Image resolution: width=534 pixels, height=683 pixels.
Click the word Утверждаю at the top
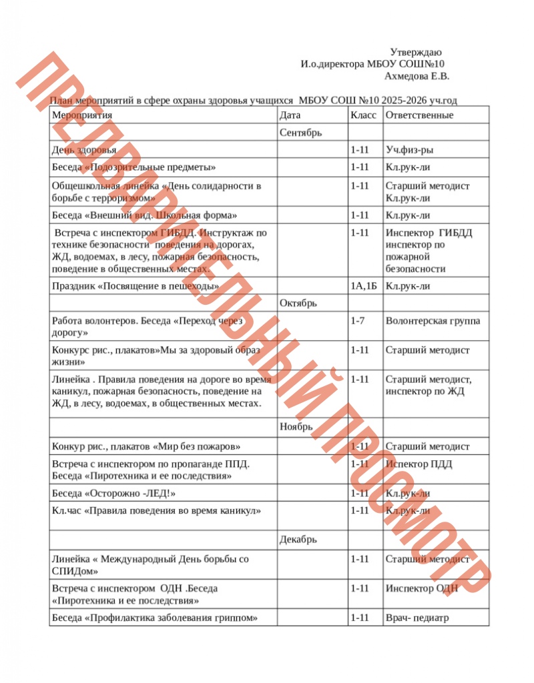click(x=416, y=52)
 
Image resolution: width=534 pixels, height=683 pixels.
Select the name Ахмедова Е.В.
click(x=417, y=76)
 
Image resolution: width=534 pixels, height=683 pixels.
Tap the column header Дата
click(x=290, y=115)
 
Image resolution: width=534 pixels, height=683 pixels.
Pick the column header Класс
click(x=363, y=115)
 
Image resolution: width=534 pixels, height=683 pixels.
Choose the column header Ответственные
click(x=419, y=115)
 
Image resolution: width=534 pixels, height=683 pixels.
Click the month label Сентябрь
click(x=301, y=133)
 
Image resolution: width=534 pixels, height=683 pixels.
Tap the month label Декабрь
click(x=298, y=539)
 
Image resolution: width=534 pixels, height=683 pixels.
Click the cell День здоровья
click(x=84, y=150)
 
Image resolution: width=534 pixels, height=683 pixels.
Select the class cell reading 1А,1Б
click(x=364, y=286)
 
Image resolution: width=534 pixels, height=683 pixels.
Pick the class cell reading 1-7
click(x=358, y=321)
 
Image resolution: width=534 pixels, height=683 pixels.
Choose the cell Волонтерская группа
click(x=432, y=321)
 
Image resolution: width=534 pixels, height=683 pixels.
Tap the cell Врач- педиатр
click(x=417, y=618)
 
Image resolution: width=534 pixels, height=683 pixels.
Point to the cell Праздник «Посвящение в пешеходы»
click(x=136, y=286)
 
